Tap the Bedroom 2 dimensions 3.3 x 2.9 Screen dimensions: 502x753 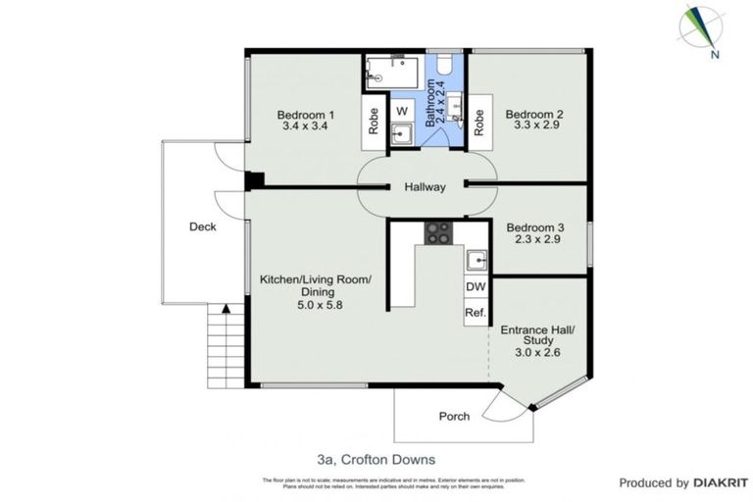(533, 126)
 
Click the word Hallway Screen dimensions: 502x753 (424, 187)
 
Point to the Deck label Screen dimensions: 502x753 (203, 226)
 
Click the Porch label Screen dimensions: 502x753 (453, 416)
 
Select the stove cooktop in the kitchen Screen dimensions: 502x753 (437, 233)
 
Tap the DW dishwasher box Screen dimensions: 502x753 (476, 286)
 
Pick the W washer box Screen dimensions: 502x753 (402, 110)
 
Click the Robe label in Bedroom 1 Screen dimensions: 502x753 (374, 121)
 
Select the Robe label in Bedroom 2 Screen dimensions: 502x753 (479, 121)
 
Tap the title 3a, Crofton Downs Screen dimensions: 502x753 (376, 458)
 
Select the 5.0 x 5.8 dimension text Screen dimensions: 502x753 (315, 305)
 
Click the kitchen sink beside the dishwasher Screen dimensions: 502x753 (477, 261)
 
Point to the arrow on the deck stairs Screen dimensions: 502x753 (226, 309)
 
